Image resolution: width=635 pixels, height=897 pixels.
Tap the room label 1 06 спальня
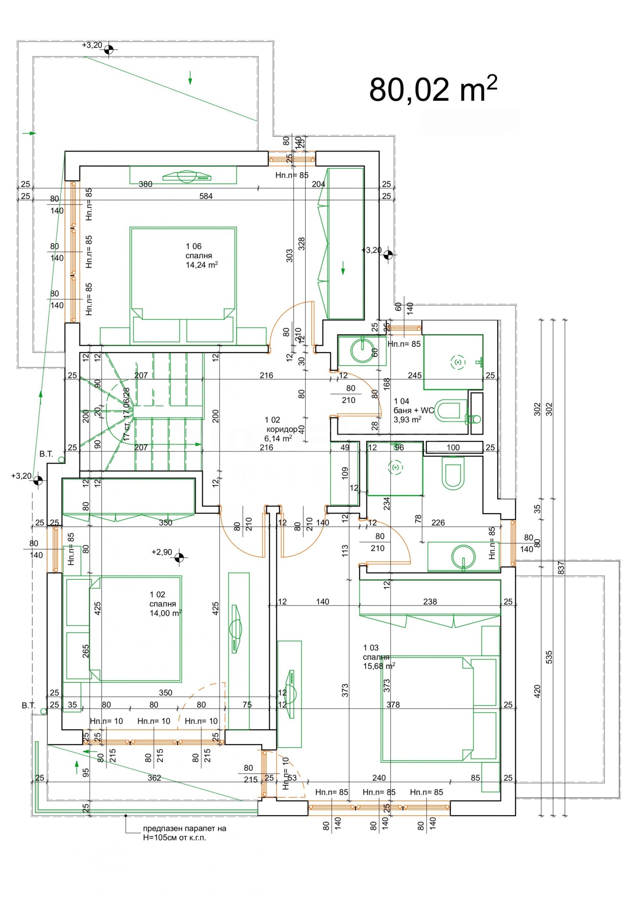pyautogui.click(x=199, y=251)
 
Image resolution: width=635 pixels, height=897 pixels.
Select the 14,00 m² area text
pyautogui.click(x=165, y=613)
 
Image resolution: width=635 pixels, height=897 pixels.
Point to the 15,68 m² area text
pyautogui.click(x=379, y=666)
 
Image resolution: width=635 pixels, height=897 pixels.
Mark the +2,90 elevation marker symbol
pyautogui.click(x=179, y=557)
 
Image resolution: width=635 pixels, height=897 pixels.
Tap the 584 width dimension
pyautogui.click(x=206, y=196)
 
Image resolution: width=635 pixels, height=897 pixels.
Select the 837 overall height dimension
pyautogui.click(x=561, y=568)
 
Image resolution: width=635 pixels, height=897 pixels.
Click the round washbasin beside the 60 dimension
pyautogui.click(x=363, y=349)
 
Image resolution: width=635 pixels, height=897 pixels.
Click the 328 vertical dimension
pyautogui.click(x=302, y=243)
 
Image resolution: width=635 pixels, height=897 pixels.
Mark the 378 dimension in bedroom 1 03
pyautogui.click(x=393, y=705)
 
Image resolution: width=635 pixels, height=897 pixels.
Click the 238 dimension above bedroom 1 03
pyautogui.click(x=430, y=602)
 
